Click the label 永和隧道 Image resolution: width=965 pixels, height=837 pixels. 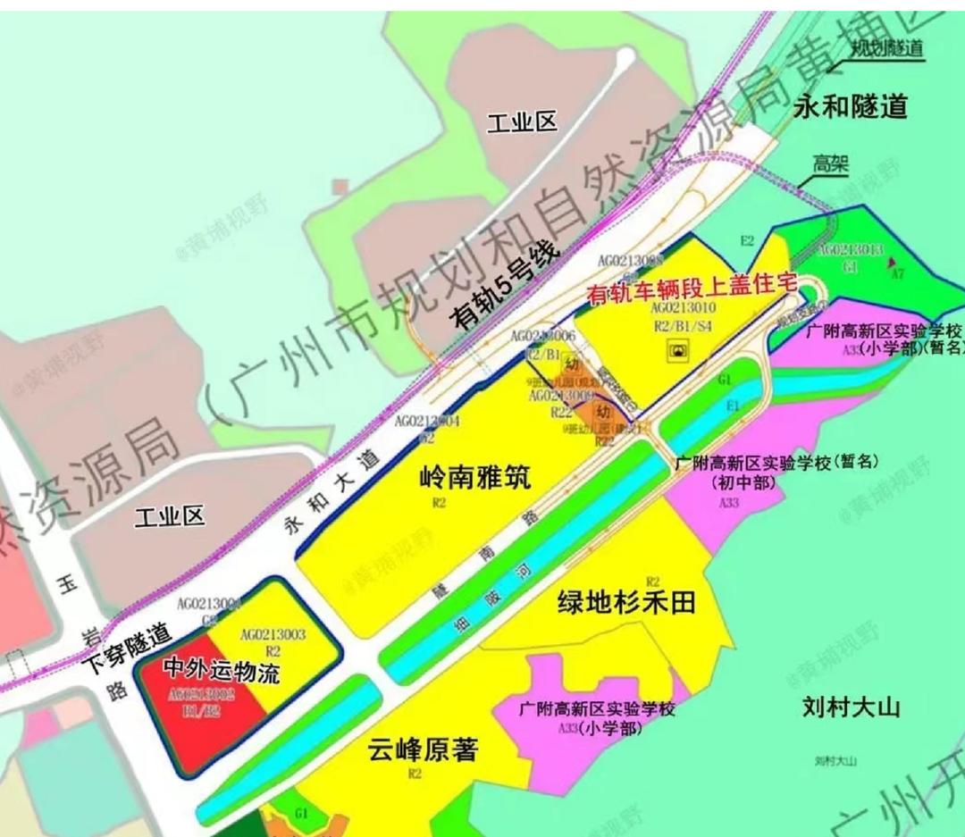pyautogui.click(x=850, y=107)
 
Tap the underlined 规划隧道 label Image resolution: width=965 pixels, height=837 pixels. pyautogui.click(x=886, y=48)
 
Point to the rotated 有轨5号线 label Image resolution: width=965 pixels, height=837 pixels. pyautogui.click(x=506, y=287)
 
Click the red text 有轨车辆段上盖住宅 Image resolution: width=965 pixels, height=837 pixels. pyautogui.click(x=691, y=288)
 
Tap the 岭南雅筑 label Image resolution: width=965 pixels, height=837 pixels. pyautogui.click(x=474, y=477)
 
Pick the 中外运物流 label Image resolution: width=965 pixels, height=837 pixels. pyautogui.click(x=222, y=670)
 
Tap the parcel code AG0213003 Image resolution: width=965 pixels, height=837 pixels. pyautogui.click(x=273, y=635)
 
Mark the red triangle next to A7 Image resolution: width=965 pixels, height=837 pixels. pyautogui.click(x=891, y=261)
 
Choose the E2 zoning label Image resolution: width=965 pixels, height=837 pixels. pyautogui.click(x=747, y=240)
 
